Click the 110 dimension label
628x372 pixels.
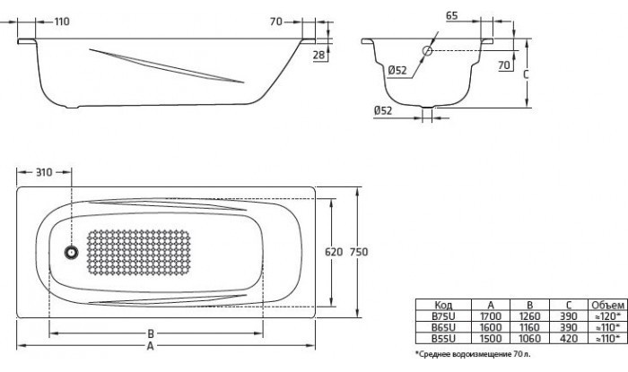point(62,22)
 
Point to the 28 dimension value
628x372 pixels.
point(318,55)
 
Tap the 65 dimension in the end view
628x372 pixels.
point(452,15)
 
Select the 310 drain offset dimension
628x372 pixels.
point(44,172)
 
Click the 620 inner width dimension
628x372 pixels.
point(334,252)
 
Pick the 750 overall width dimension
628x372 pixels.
point(359,252)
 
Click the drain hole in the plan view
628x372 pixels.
point(71,253)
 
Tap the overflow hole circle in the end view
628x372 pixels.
point(427,50)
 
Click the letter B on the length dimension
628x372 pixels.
point(151,333)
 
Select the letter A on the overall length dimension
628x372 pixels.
point(150,346)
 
